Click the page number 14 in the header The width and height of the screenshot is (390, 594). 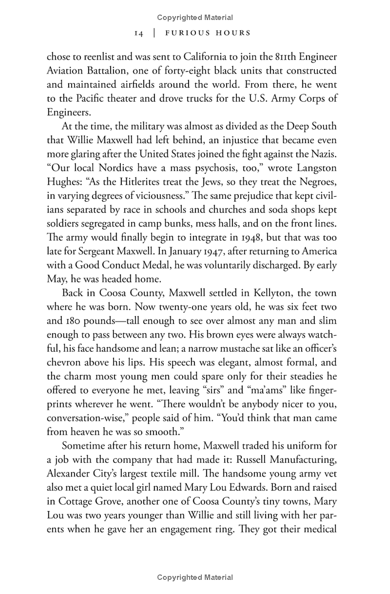[x=138, y=33]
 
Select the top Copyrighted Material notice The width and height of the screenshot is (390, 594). [x=195, y=18]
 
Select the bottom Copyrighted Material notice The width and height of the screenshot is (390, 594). [x=195, y=577]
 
